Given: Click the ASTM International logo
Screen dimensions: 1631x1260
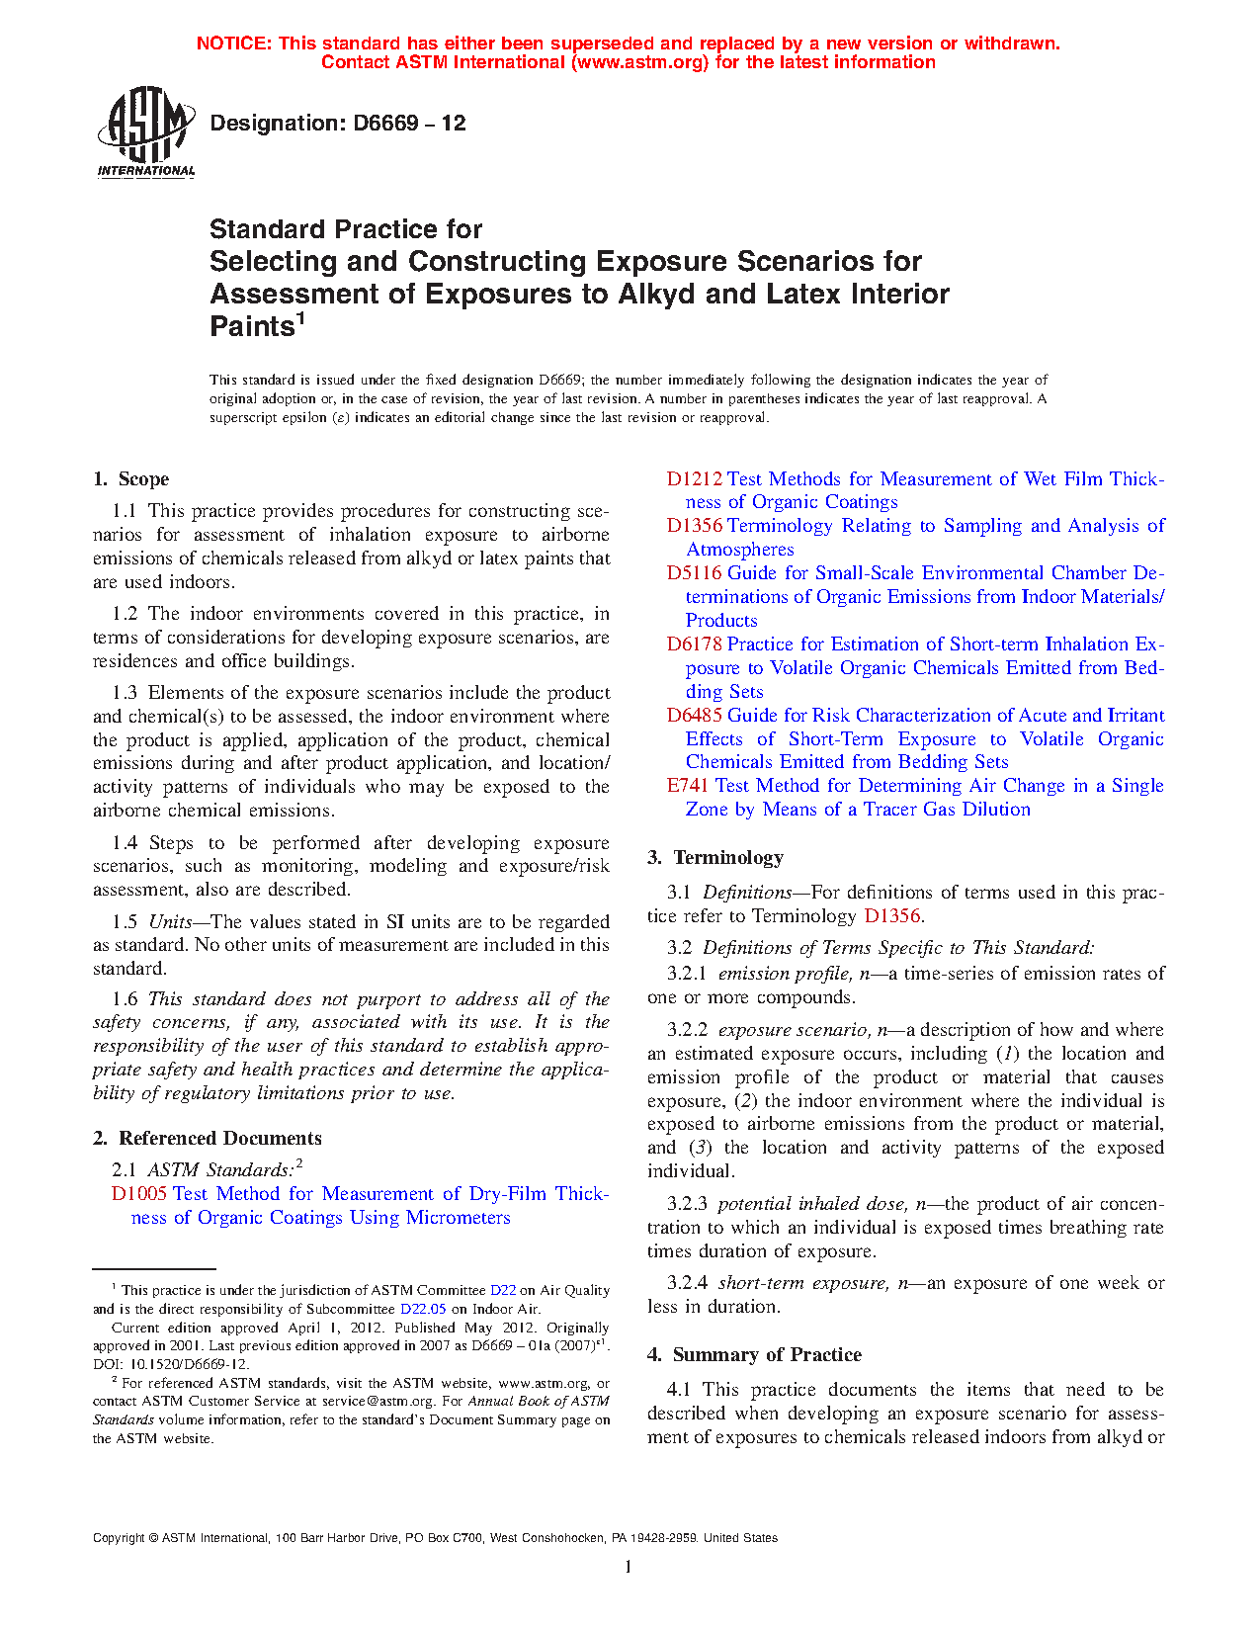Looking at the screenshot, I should point(145,131).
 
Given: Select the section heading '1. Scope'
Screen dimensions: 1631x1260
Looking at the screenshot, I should point(131,479).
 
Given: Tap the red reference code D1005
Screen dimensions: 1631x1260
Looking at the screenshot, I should point(138,1194).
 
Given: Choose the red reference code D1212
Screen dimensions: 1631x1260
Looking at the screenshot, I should point(694,479).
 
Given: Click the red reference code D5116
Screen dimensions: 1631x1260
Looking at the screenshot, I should point(694,573).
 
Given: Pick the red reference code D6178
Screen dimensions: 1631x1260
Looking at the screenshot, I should point(694,644).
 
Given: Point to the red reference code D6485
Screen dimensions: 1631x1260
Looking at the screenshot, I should point(694,716).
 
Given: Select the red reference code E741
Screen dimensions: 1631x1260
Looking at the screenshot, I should point(688,786).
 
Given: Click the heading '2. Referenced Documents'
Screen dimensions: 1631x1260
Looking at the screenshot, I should point(208,1139).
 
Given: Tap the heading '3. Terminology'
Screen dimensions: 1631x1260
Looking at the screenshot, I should point(715,858).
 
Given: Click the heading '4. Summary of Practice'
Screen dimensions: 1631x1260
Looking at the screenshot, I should point(754,1355).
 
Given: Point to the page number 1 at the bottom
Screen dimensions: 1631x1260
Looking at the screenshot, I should point(628,1567).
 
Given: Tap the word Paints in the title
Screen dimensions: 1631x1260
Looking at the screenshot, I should point(251,326).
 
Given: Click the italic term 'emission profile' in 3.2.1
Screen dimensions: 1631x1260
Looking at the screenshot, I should point(784,974).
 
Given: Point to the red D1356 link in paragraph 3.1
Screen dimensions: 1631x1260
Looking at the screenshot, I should point(891,916).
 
